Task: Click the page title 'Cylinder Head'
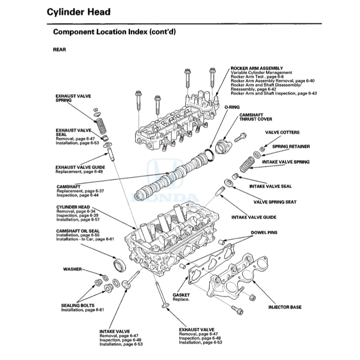[78, 11]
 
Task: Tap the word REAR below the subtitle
[59, 49]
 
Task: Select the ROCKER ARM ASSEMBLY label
[256, 68]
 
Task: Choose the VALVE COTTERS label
[282, 132]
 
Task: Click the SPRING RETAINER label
[291, 147]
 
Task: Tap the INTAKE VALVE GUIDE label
[253, 217]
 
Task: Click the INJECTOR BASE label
[285, 307]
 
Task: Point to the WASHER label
[72, 269]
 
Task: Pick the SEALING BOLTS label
[78, 305]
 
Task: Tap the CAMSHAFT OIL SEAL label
[78, 231]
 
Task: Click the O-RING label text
[232, 107]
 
